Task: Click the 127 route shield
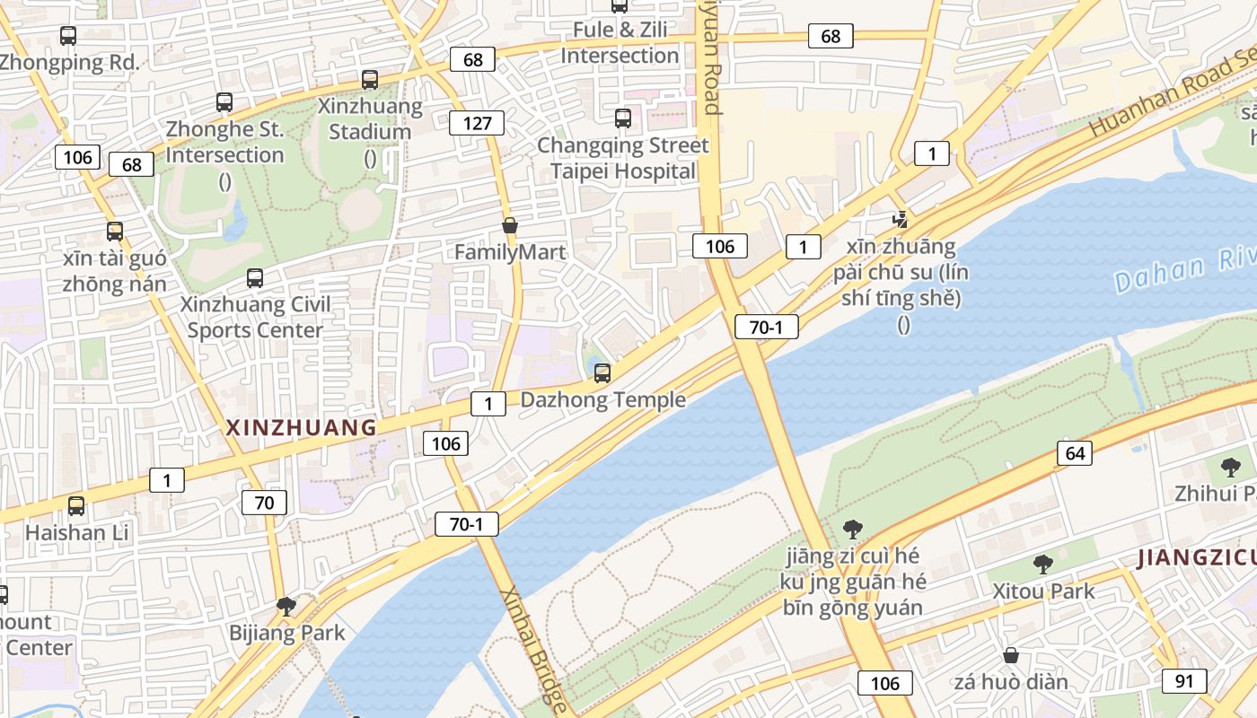(x=477, y=123)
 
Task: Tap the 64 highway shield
(x=1075, y=453)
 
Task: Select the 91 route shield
(x=1184, y=680)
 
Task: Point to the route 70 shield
(x=264, y=503)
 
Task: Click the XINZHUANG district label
(x=301, y=428)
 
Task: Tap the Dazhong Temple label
(x=602, y=400)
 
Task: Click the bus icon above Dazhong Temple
(x=602, y=373)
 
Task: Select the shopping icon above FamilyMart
(x=510, y=225)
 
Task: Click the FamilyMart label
(x=510, y=252)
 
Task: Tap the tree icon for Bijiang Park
(x=286, y=607)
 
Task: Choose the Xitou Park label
(x=1043, y=591)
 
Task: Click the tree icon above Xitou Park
(x=1042, y=565)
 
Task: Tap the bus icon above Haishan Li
(x=76, y=505)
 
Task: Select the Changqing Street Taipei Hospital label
(x=623, y=158)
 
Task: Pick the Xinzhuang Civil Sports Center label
(x=255, y=317)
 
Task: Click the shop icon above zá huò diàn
(x=1011, y=655)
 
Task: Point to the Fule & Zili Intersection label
(x=620, y=42)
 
